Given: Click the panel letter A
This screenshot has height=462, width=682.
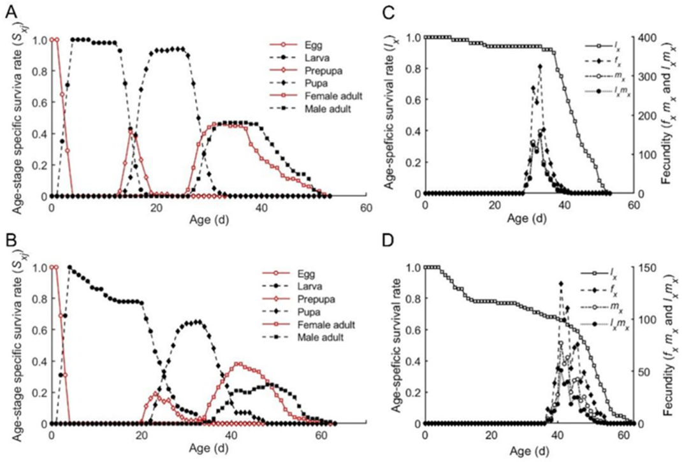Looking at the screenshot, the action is pyautogui.click(x=11, y=13).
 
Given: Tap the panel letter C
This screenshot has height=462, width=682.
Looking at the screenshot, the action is pyautogui.click(x=388, y=13).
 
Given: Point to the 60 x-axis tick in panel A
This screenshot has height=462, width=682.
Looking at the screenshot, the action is pyautogui.click(x=366, y=208).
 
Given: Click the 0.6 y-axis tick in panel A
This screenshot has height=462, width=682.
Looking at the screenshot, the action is pyautogui.click(x=38, y=102).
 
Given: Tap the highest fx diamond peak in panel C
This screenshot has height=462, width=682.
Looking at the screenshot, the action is pyautogui.click(x=541, y=66).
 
